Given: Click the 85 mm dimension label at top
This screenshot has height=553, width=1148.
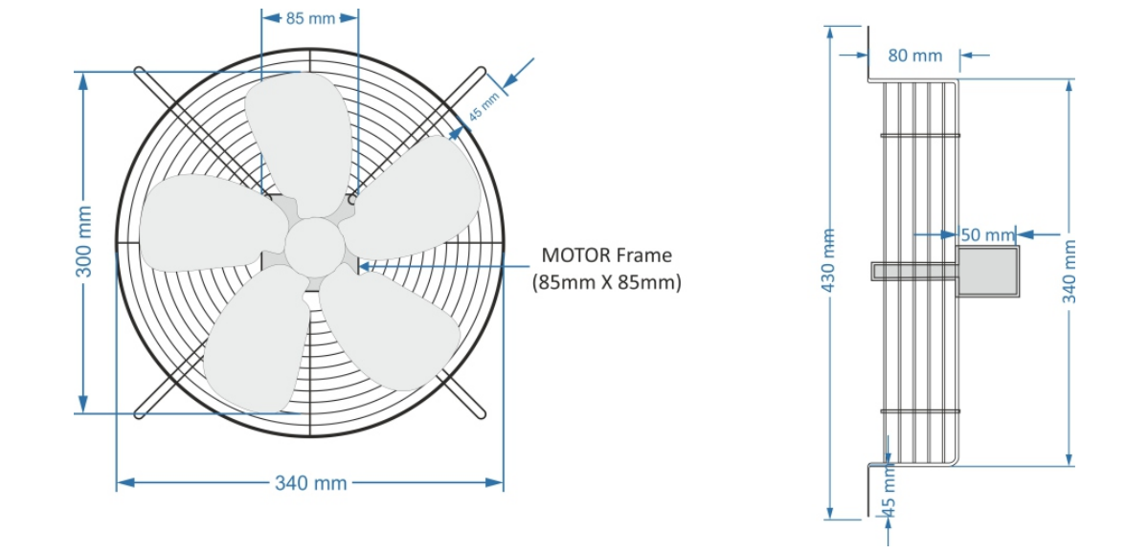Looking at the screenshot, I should point(310,18).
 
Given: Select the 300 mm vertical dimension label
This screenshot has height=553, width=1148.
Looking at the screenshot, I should point(85,254).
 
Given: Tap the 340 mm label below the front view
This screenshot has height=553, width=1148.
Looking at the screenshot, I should point(310,483).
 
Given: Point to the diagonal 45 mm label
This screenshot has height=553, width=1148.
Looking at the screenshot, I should point(484,105).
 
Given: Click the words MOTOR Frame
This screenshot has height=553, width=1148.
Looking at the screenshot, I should point(606,255).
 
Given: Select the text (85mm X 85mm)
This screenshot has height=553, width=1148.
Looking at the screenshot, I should point(606,283).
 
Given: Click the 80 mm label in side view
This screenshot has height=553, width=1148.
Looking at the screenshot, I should point(914,55).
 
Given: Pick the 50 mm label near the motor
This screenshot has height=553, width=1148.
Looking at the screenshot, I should point(986,234).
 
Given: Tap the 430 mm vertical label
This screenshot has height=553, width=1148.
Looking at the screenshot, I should point(829,259).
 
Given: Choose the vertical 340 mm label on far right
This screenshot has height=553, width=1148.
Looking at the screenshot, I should point(1069,271).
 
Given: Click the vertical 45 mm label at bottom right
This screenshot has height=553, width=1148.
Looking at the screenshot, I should point(889,493).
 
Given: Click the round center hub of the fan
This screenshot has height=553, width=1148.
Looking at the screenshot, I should point(314,247).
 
